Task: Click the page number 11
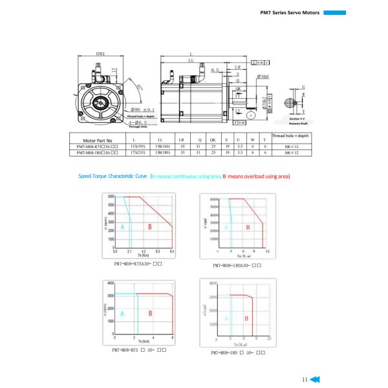[305, 380]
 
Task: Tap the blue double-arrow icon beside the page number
[315, 380]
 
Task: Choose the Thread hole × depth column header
[292, 136]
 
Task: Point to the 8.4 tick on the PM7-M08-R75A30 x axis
[172, 250]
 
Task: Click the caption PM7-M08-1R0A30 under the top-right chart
[237, 265]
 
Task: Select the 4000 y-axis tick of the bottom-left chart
[110, 283]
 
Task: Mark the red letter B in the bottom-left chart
[151, 314]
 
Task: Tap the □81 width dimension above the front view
[100, 54]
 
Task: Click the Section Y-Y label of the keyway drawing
[297, 119]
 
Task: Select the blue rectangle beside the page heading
[335, 12]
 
